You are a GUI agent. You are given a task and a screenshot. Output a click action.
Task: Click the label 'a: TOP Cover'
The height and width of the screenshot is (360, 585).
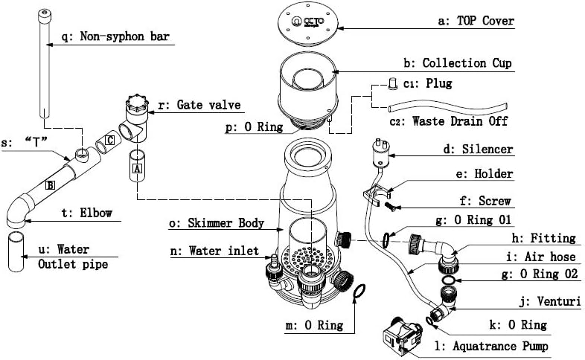click(x=476, y=22)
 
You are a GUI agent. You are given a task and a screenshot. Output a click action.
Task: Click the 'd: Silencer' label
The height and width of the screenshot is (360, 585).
click(x=478, y=150)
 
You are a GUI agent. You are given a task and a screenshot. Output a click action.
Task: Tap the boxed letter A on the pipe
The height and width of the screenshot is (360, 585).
click(x=136, y=169)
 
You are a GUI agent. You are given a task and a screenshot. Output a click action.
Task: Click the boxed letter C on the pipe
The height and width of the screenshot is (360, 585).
click(x=109, y=139)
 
